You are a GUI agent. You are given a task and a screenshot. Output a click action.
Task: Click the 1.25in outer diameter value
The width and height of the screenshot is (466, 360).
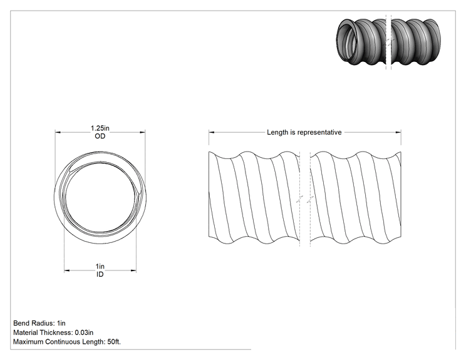point(100,128)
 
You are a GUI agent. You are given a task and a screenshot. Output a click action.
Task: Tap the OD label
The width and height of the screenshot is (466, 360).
point(100,136)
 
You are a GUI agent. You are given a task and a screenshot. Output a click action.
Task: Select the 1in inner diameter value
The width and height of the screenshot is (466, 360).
point(100,266)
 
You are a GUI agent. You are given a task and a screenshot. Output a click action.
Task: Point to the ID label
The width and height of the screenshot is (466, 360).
point(100,274)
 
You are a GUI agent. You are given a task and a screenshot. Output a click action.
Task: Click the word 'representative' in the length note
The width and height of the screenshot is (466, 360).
point(319,133)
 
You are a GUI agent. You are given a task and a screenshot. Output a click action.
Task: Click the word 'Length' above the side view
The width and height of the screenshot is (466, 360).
point(277,133)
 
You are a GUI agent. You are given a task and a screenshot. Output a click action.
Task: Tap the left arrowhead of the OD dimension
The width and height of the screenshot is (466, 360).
point(58,133)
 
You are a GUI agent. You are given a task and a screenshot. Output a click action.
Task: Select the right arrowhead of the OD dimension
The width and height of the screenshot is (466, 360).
point(143,133)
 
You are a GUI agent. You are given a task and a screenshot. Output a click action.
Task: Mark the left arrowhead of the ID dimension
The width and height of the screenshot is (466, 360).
point(67,270)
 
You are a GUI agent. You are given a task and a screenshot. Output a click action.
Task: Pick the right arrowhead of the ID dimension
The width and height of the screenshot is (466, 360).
point(133,270)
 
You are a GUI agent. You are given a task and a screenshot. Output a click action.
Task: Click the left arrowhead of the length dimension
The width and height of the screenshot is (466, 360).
point(211,133)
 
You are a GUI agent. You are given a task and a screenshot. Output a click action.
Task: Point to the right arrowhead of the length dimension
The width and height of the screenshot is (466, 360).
point(398,133)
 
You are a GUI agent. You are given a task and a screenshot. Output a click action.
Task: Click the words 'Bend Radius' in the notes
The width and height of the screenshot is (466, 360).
point(33,323)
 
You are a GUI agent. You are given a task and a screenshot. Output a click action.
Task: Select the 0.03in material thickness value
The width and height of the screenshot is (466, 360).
point(84,332)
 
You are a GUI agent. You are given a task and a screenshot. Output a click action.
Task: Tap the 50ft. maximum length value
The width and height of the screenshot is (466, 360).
point(114,342)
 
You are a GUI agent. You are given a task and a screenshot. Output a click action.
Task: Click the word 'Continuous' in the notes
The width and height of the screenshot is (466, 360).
point(63,342)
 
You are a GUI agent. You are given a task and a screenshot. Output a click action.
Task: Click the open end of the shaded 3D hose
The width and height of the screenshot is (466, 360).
point(347,40)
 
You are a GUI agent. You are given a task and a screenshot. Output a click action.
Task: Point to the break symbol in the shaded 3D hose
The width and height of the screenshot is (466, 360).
point(388,41)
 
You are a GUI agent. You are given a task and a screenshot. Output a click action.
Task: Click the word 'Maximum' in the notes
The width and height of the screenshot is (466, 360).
point(28,342)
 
